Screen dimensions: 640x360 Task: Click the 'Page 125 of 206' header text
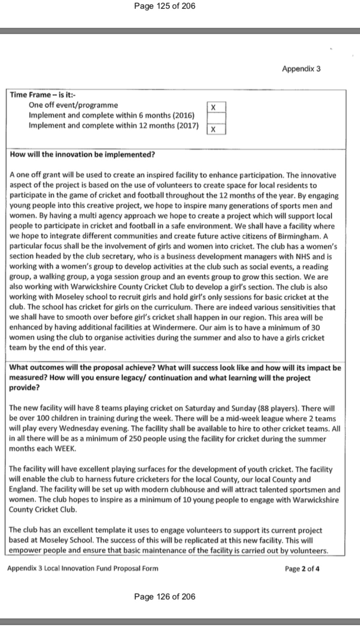(x=165, y=7)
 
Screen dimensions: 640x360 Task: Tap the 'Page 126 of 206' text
(x=165, y=596)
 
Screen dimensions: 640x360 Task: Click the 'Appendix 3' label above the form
(x=301, y=69)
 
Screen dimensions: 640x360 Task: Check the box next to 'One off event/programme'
(x=216, y=107)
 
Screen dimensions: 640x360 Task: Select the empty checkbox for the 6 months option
(x=216, y=118)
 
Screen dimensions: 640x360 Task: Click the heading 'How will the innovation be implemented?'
(x=82, y=154)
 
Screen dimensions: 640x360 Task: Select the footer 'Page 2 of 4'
(x=302, y=569)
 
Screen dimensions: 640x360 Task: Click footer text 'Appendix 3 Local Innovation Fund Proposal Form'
(x=83, y=569)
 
